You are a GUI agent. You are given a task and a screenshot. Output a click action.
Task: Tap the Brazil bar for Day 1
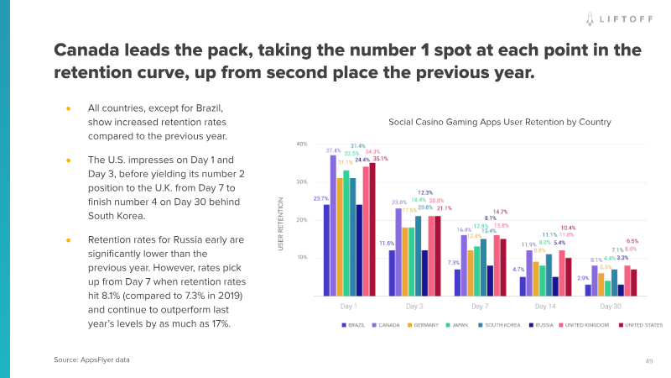pyautogui.click(x=326, y=250)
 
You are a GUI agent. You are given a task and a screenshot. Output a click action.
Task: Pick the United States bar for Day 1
pyautogui.click(x=372, y=229)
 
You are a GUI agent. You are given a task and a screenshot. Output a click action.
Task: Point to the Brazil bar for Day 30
pyautogui.click(x=588, y=290)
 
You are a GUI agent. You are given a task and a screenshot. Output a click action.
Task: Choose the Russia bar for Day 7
pyautogui.click(x=490, y=281)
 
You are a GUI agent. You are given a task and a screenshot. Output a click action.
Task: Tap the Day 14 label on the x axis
pyautogui.click(x=545, y=306)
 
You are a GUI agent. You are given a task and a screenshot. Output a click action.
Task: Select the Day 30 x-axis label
pyautogui.click(x=611, y=306)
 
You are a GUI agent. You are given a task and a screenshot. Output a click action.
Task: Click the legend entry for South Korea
pyautogui.click(x=502, y=325)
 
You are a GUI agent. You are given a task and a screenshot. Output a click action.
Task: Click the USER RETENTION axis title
pyautogui.click(x=281, y=223)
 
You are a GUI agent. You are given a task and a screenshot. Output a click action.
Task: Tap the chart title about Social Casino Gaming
pyautogui.click(x=499, y=123)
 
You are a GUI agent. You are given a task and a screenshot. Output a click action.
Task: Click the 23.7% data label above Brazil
pyautogui.click(x=320, y=198)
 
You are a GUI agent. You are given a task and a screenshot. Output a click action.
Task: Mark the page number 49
pyautogui.click(x=649, y=360)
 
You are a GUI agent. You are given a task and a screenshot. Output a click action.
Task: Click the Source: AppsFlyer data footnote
pyautogui.click(x=92, y=360)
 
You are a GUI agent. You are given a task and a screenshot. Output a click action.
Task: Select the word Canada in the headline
pyautogui.click(x=89, y=50)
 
